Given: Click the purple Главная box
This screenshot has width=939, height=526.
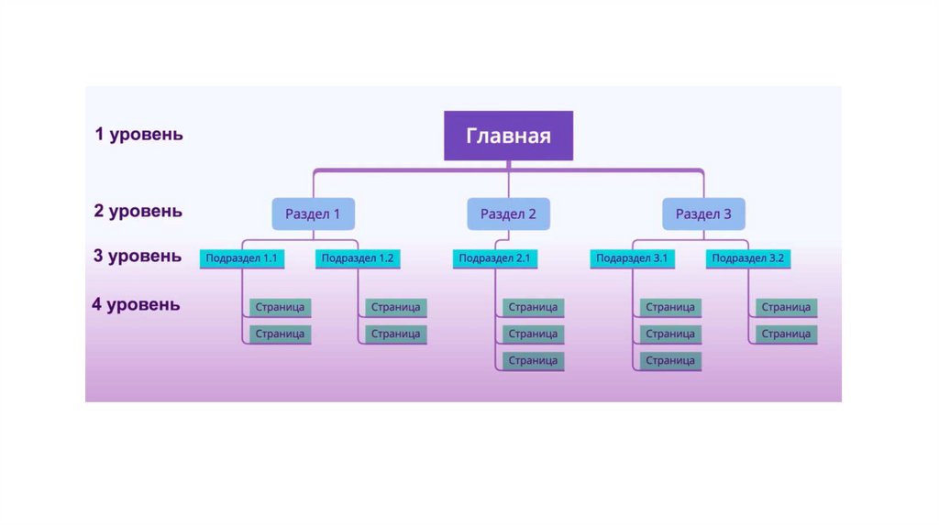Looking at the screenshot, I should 509,136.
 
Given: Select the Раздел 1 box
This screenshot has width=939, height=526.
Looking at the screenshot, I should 313,214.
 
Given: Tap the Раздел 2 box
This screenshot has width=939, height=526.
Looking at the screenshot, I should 508,214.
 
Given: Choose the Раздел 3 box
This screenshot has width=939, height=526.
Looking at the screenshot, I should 703,214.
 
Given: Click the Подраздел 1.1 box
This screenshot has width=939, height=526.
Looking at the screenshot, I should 241,258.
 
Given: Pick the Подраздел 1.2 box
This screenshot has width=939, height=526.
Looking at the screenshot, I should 358,258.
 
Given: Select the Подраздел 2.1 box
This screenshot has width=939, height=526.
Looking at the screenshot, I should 495,258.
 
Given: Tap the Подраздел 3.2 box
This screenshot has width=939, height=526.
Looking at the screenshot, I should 748,258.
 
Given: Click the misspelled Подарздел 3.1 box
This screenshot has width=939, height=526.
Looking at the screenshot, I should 632,258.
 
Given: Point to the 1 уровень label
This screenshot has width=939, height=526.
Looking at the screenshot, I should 138,135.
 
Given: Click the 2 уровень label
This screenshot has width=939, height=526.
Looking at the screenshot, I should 138,211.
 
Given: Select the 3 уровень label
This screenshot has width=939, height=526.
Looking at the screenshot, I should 138,256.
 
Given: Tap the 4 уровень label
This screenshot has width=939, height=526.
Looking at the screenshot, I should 136,304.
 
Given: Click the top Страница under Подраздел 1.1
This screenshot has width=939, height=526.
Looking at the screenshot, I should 280,307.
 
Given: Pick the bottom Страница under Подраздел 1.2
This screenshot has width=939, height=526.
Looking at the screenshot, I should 396,334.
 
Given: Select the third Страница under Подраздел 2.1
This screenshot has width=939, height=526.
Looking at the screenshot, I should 533,360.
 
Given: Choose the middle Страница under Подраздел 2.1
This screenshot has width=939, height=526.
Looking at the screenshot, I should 533,334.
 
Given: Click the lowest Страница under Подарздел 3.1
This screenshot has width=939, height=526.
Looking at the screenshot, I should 670,360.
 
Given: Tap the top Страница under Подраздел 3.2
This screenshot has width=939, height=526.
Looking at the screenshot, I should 786,307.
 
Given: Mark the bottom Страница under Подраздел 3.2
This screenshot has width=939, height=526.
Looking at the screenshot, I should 786,334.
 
